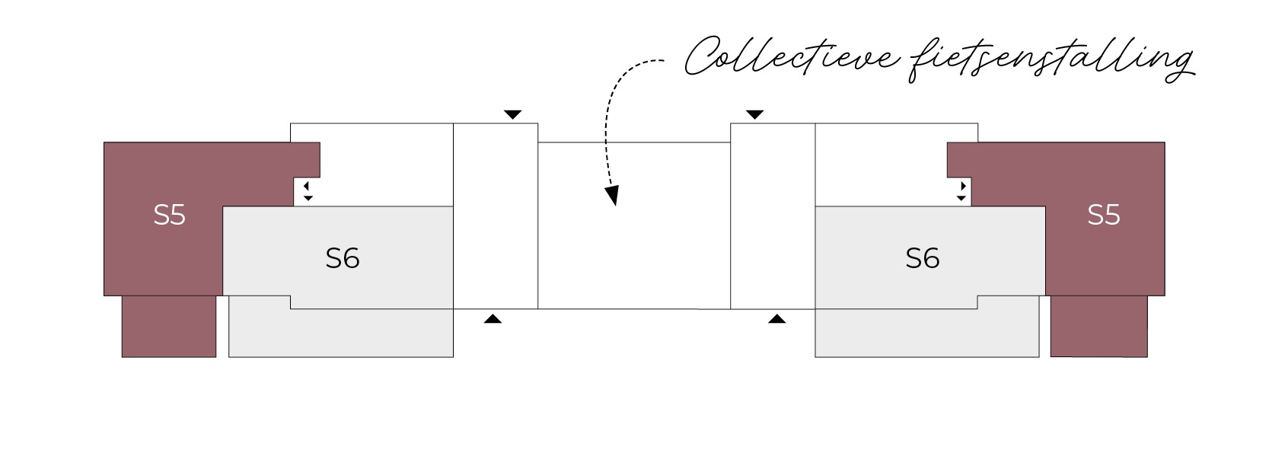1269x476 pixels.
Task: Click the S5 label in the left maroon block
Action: click(x=170, y=215)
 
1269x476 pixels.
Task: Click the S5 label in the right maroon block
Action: click(x=1104, y=215)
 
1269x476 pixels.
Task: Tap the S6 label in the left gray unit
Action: click(x=342, y=258)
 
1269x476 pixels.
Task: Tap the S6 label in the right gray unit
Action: click(x=923, y=258)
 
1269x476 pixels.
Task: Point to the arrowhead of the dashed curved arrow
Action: click(x=612, y=195)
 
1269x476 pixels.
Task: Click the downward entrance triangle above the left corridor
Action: click(x=512, y=115)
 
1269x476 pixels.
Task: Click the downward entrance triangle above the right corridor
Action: click(x=754, y=115)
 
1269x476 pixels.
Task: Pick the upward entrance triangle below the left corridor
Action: click(x=493, y=319)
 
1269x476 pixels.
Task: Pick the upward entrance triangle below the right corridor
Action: click(x=776, y=319)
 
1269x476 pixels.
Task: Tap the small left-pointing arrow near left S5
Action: click(x=306, y=186)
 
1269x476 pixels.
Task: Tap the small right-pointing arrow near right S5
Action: click(x=963, y=186)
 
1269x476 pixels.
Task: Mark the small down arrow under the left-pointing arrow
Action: click(x=308, y=198)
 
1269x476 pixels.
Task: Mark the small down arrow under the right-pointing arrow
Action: click(x=961, y=198)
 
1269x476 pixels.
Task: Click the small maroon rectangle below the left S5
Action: click(x=169, y=327)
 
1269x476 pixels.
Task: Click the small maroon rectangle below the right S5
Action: click(x=1099, y=327)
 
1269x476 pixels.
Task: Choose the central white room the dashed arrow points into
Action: click(x=634, y=225)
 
